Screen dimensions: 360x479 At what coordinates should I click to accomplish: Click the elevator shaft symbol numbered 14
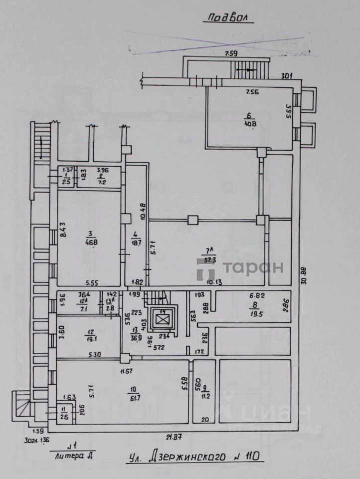tap(163, 318)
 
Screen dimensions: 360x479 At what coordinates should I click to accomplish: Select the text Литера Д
tap(74, 455)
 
